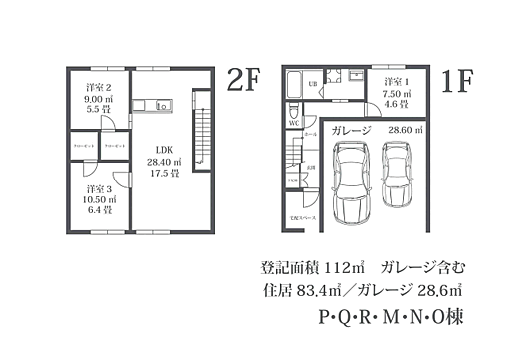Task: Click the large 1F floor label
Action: tap(455, 81)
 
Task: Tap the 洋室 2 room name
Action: tap(98, 88)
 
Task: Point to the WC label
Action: tap(295, 123)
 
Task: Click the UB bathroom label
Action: tap(312, 84)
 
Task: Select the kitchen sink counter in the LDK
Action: tap(155, 105)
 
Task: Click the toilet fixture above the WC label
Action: tap(293, 112)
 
